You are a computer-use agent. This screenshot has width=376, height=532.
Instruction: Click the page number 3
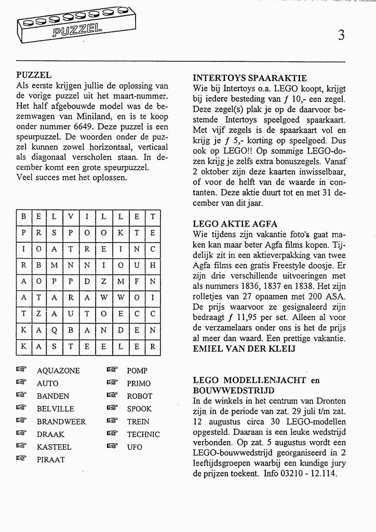click(341, 35)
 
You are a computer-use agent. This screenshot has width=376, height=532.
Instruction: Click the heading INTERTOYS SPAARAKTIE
click(250, 78)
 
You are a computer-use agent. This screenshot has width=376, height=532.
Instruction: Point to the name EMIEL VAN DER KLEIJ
click(244, 349)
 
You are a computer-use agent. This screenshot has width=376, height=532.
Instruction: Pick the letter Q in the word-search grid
click(55, 330)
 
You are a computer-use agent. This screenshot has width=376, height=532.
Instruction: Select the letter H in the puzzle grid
click(153, 265)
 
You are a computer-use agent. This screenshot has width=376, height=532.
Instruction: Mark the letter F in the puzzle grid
click(136, 282)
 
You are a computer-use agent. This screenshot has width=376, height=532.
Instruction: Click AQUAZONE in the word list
click(58, 371)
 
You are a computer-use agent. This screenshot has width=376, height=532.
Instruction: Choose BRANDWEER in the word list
click(61, 422)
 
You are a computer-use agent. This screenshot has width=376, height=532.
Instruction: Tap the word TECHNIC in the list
click(143, 434)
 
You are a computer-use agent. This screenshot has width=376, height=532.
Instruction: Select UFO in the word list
click(135, 447)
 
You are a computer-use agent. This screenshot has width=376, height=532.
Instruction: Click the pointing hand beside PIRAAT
click(21, 459)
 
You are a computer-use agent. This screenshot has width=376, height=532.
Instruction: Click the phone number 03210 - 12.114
click(307, 474)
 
